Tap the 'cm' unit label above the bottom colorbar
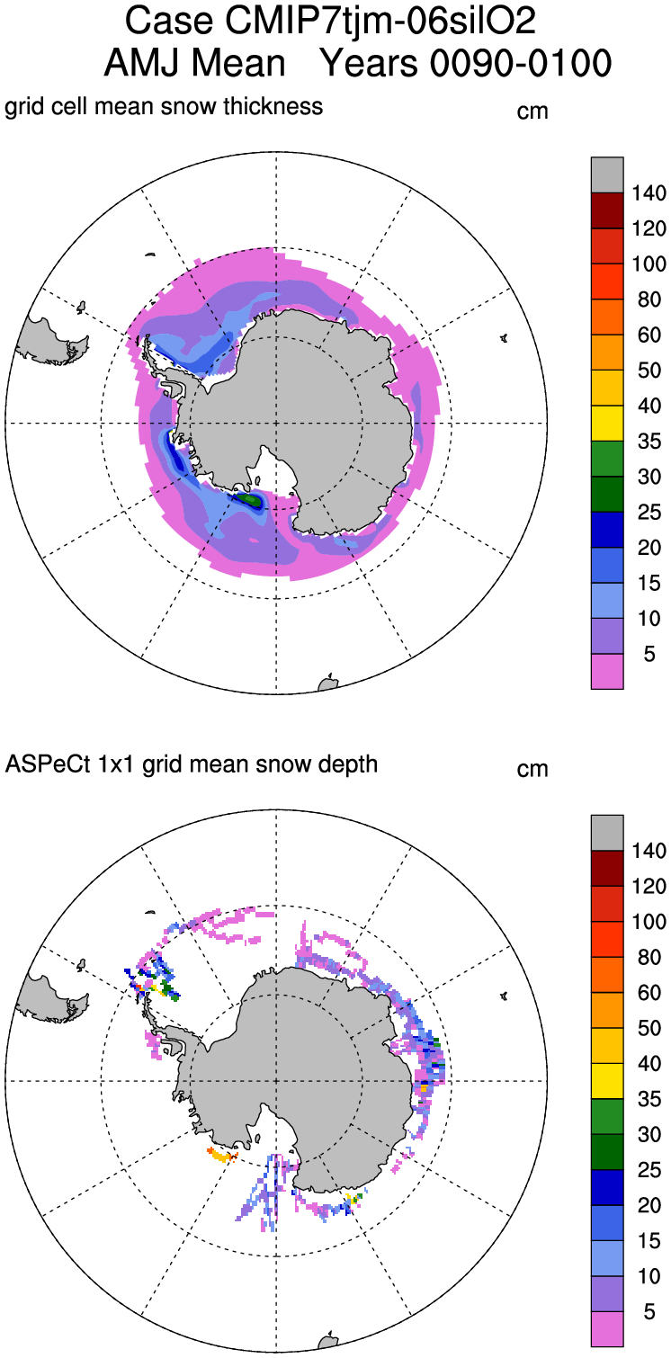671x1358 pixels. (x=532, y=770)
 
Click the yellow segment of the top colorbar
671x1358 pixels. (x=607, y=424)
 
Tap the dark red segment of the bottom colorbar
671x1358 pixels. (x=607, y=867)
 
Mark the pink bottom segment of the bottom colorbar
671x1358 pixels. (x=607, y=1329)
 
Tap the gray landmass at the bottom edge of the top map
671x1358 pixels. (x=328, y=683)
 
